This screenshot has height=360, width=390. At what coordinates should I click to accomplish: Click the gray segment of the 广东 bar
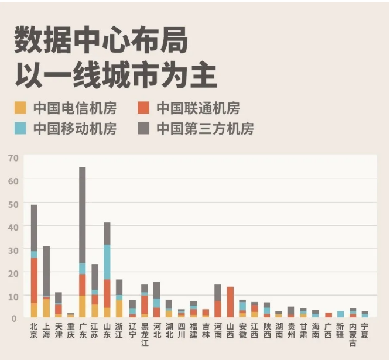[x=83, y=215]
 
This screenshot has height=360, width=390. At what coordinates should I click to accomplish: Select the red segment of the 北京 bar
[x=34, y=280]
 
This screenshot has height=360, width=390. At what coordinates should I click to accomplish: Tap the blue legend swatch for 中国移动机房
[x=20, y=128]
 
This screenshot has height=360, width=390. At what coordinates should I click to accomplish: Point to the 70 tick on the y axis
[x=13, y=157]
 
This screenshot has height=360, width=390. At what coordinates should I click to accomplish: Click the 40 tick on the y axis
[x=13, y=227]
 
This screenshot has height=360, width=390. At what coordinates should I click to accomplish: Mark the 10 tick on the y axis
[x=13, y=296]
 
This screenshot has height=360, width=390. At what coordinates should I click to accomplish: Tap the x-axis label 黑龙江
[x=145, y=334]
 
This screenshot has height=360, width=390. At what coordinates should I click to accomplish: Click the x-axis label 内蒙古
[x=353, y=334]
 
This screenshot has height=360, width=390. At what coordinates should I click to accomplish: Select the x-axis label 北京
[x=34, y=330]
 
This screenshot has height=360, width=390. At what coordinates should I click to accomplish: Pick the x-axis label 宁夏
[x=365, y=330]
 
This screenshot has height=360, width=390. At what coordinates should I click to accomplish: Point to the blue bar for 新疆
[x=341, y=314]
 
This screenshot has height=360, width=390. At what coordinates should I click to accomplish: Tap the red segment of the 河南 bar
[x=218, y=308]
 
